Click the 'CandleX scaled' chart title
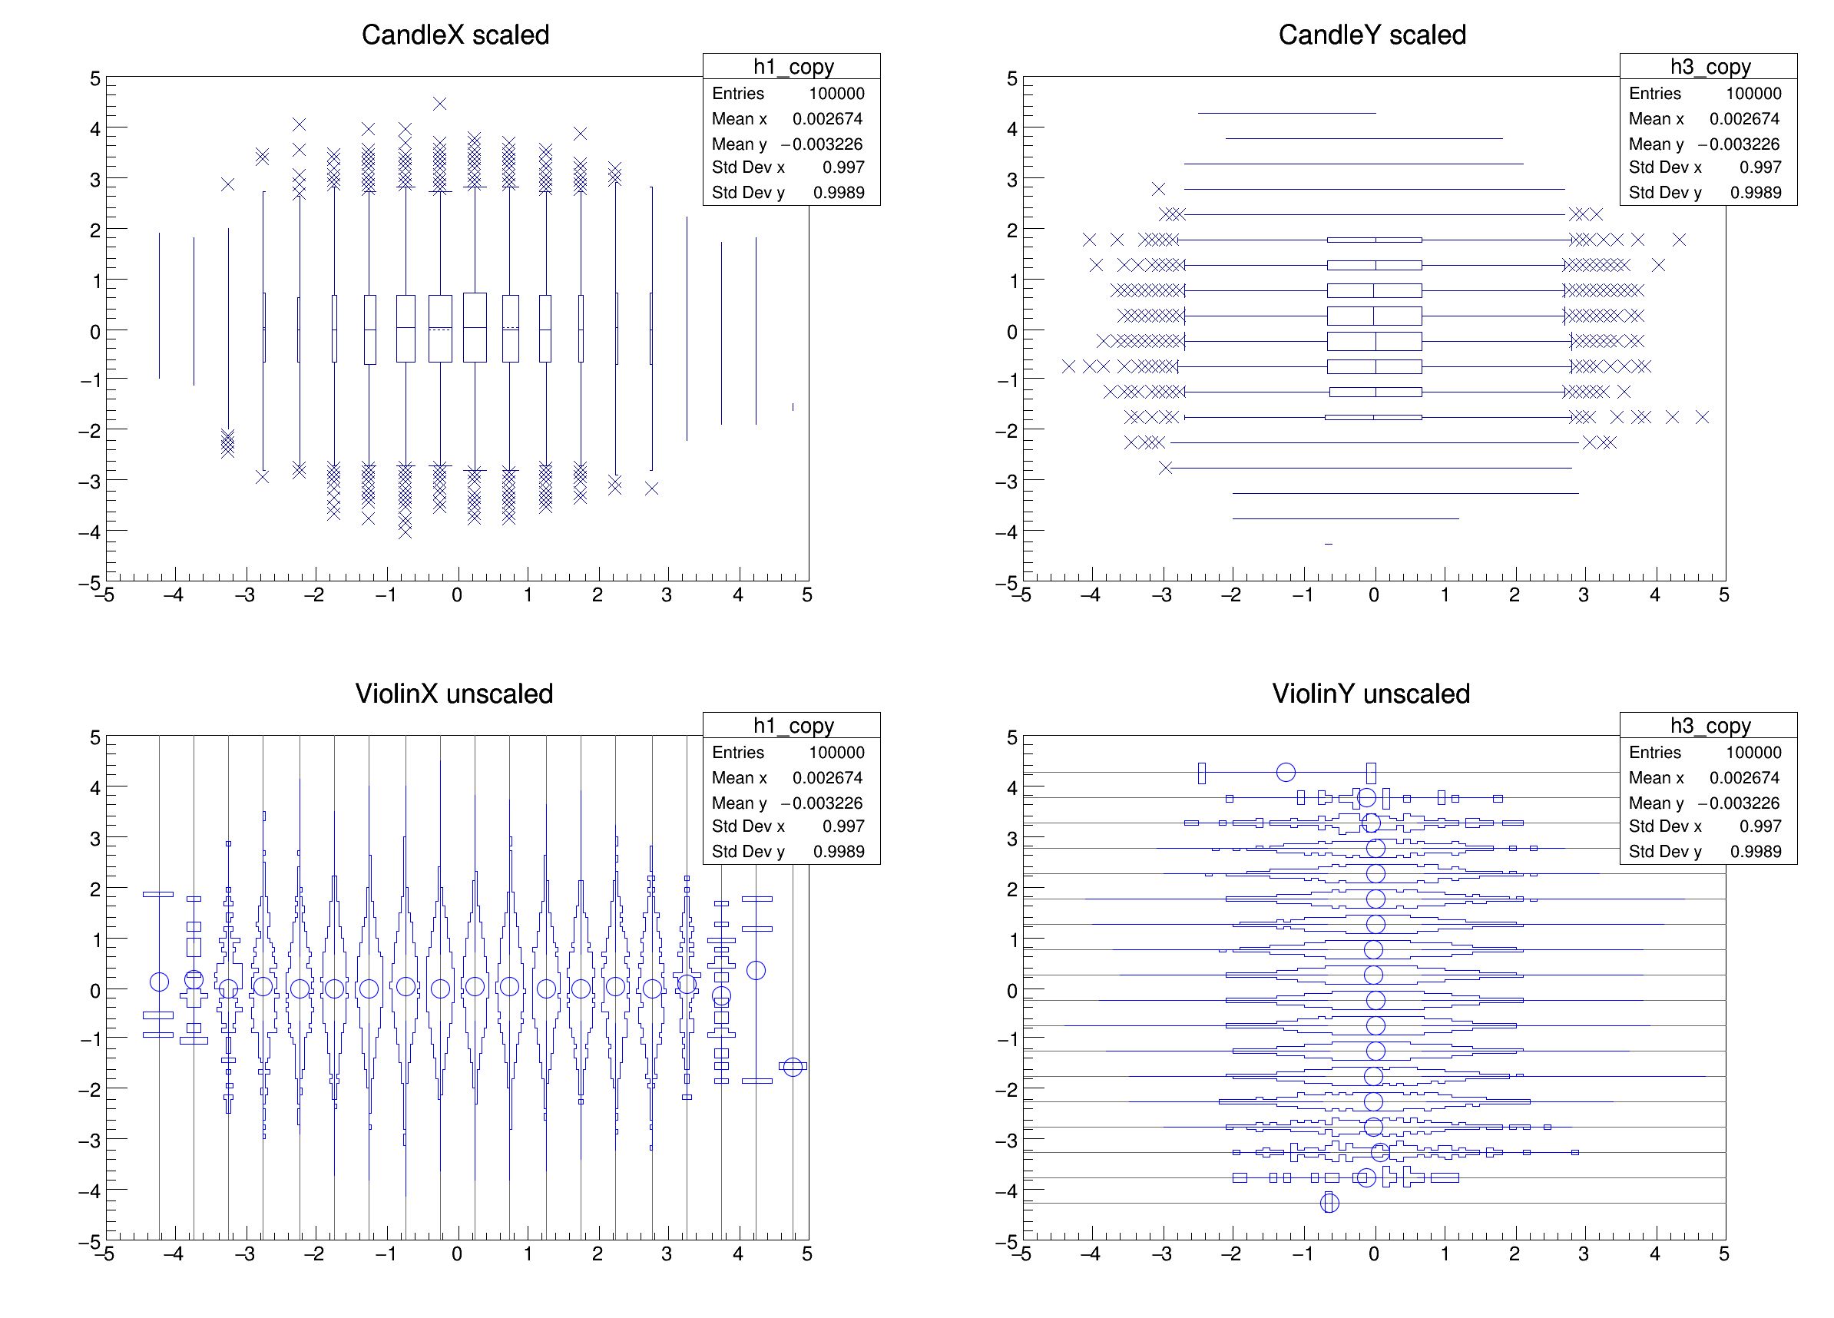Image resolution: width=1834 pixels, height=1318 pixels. (x=455, y=35)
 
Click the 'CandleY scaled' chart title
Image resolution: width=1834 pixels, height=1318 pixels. (x=1372, y=35)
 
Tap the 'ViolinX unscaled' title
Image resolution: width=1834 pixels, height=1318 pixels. (x=454, y=694)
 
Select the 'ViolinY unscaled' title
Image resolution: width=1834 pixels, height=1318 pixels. (x=1371, y=694)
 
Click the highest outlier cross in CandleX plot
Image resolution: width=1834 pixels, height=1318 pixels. (x=440, y=104)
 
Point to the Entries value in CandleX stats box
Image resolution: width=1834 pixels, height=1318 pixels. (x=836, y=94)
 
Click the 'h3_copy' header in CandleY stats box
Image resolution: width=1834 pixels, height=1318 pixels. (x=1710, y=66)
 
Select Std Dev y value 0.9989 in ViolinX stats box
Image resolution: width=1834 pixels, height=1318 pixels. (x=839, y=852)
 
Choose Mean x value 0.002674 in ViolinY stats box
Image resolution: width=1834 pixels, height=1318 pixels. (x=1744, y=778)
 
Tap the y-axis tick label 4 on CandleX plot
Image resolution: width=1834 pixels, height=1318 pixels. (x=95, y=128)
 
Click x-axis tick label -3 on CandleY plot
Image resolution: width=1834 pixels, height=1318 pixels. (x=1162, y=596)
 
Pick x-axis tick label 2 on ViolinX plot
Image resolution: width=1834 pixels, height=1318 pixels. (x=597, y=1254)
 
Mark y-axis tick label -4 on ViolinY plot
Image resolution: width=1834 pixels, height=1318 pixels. (x=1007, y=1191)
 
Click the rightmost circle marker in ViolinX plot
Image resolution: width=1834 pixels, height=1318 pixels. (x=793, y=1067)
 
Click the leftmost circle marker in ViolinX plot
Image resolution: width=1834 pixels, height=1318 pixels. (x=159, y=982)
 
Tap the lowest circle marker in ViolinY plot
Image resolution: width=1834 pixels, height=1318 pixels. (x=1329, y=1204)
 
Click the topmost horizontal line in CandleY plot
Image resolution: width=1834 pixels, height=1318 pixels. (x=1286, y=113)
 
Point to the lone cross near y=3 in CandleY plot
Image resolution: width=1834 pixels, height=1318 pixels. (x=1159, y=188)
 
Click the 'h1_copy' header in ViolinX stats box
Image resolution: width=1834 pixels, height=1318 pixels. (x=793, y=725)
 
